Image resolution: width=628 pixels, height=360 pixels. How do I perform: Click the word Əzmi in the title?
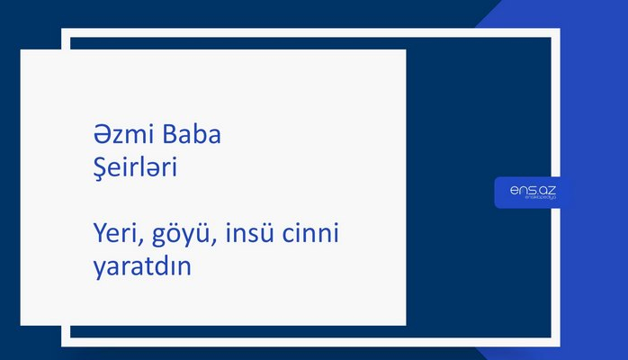123,136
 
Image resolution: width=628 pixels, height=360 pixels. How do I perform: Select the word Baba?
191,136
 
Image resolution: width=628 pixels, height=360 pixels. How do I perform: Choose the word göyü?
181,236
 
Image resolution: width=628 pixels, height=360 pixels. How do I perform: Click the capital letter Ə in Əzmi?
101,136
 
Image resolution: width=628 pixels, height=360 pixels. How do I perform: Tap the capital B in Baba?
169,136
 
